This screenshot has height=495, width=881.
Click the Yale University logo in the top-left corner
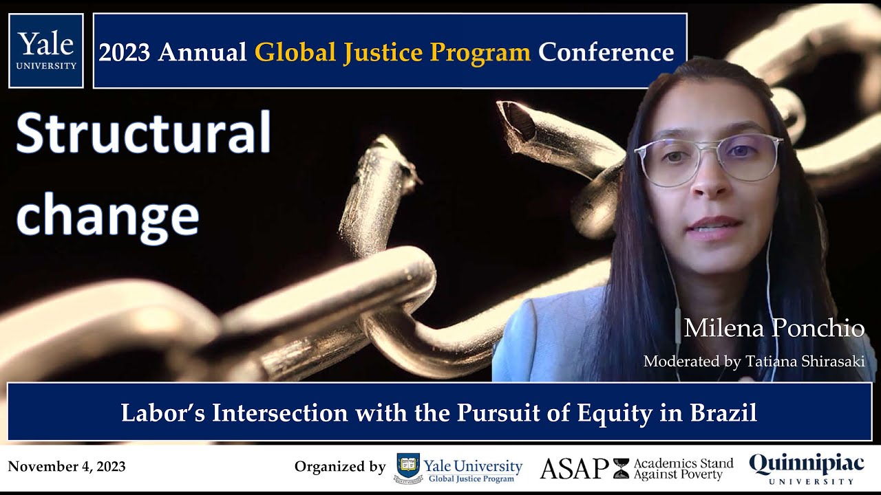point(46,51)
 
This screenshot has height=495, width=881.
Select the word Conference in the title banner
point(606,52)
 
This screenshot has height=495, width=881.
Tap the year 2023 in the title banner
point(125,52)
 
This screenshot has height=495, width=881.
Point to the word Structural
point(144,133)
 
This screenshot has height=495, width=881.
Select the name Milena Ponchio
point(774,329)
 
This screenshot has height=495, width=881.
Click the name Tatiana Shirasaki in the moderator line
point(805,362)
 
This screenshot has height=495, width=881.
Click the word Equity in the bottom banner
point(614,414)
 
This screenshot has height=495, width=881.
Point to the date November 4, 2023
point(67,467)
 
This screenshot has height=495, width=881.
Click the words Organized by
point(340,467)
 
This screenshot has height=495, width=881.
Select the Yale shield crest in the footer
point(408,467)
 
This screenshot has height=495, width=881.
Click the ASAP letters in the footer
point(574,468)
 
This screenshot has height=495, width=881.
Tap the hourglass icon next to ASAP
point(621,468)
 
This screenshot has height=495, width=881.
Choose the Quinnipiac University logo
point(806,469)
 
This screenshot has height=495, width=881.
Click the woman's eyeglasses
point(708,159)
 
